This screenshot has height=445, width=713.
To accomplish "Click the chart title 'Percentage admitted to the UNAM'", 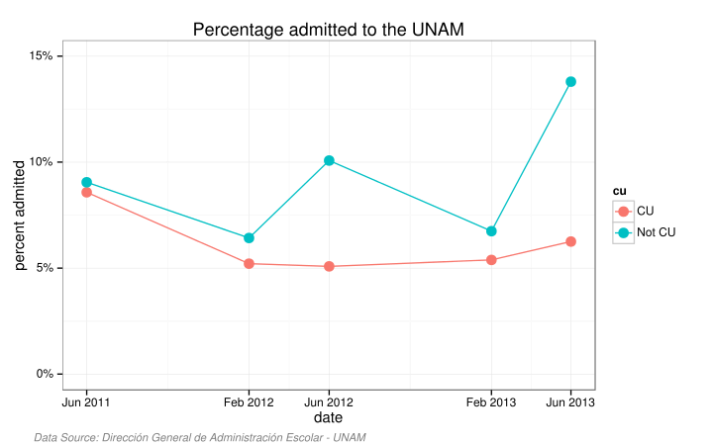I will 328,31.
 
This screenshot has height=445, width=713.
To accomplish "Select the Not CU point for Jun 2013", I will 571,81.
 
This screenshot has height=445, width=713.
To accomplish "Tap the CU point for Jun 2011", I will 87,192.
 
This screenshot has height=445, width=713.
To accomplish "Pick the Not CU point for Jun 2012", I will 329,160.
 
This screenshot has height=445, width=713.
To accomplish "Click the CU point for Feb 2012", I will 249,264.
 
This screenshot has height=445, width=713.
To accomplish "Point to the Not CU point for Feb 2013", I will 491,231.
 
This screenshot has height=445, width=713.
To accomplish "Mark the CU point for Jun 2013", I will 571,241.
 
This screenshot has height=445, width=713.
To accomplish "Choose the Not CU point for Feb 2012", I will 249,238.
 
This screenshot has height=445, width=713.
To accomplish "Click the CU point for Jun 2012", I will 329,266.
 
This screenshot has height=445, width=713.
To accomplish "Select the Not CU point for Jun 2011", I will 87,182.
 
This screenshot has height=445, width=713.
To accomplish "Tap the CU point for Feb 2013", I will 491,260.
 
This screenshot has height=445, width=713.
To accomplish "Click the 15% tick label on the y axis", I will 41,56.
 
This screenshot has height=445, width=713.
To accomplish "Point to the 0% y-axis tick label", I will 44,374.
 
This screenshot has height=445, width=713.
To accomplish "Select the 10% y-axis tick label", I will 41,162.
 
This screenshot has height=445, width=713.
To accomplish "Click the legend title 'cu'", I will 619,191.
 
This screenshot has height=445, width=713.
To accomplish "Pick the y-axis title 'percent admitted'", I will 20,215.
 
